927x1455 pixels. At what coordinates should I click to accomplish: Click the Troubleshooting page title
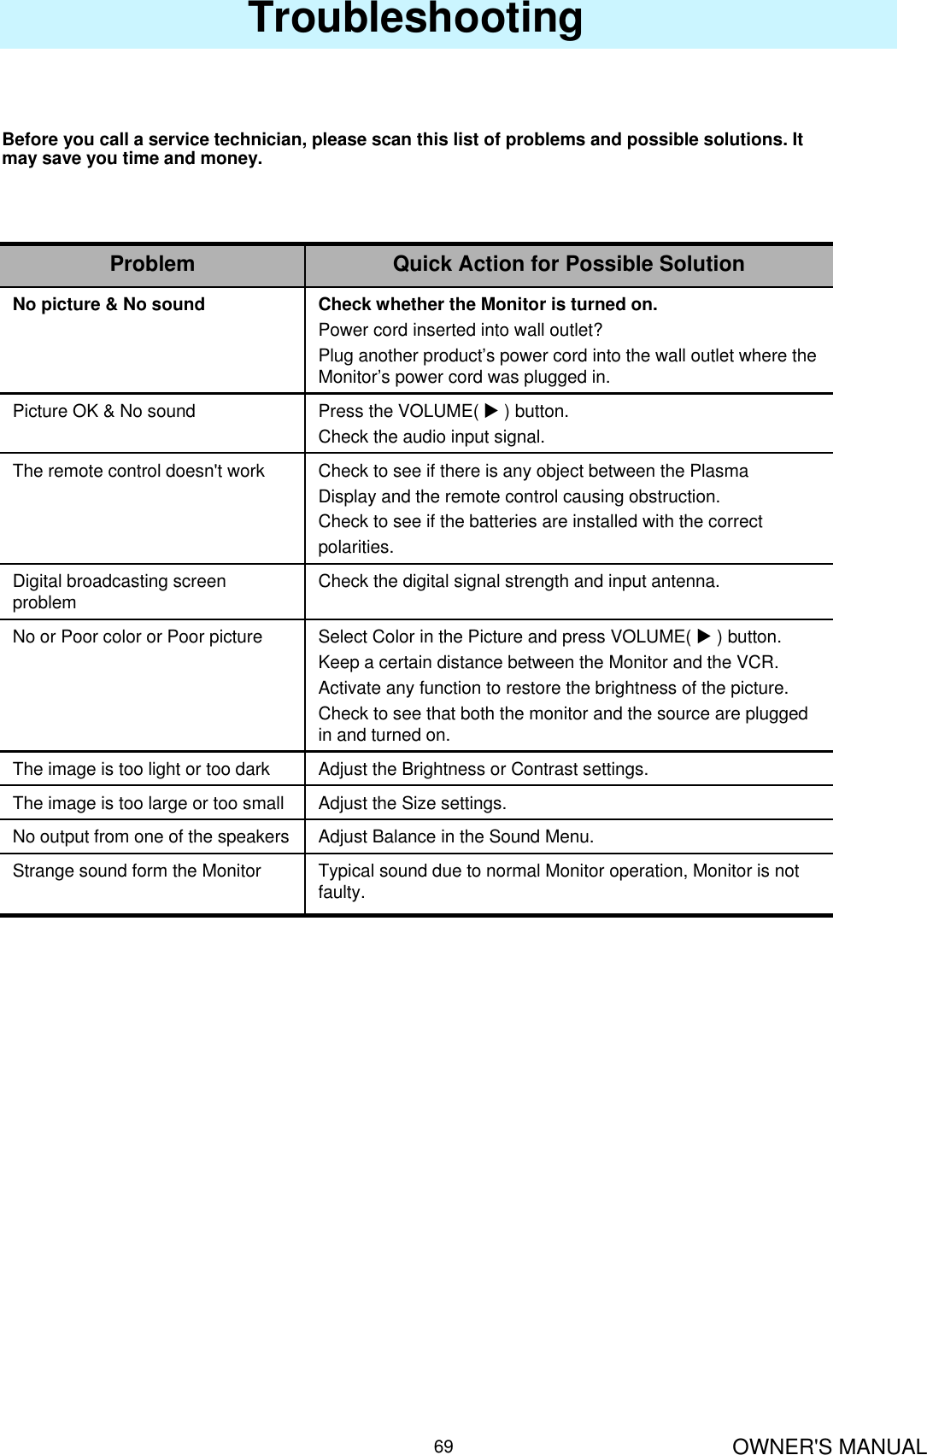coord(415,19)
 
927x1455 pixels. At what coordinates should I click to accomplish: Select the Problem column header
coord(152,264)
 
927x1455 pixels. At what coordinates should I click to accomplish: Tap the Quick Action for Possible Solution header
coord(568,264)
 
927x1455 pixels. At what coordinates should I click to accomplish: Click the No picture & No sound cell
coord(109,304)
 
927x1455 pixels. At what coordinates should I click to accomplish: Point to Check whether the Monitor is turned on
coord(487,304)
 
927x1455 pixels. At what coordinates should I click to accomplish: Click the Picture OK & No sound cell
coord(103,411)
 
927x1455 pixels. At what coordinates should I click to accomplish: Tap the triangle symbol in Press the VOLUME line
coord(490,411)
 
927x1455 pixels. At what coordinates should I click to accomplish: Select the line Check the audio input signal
coord(431,437)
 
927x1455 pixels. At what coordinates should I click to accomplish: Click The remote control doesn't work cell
coord(138,471)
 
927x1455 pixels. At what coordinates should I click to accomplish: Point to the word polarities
coord(355,547)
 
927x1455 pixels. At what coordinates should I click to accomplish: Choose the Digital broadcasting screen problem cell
coord(119,591)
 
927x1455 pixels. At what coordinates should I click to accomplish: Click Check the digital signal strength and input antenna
coord(519,581)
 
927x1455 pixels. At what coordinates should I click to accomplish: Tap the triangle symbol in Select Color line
coord(703,637)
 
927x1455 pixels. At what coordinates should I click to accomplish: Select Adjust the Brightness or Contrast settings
coord(483,769)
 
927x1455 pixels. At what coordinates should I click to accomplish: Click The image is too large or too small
coord(148,803)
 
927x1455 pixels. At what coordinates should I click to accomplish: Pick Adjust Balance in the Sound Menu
coord(455,836)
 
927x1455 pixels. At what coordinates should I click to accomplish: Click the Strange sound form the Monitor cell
coord(137,871)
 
